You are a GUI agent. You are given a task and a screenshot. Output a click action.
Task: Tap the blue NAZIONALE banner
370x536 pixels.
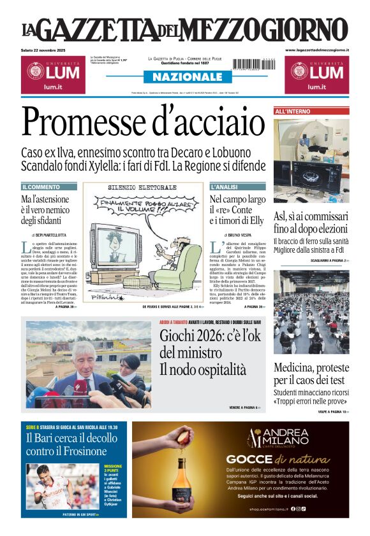[x=184, y=76]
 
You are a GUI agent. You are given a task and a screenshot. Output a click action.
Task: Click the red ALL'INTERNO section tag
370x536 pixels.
[x=293, y=111]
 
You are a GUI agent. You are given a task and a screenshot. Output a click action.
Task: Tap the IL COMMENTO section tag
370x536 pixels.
[x=41, y=187]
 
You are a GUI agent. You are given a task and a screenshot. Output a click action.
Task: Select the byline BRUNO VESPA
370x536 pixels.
[x=239, y=236]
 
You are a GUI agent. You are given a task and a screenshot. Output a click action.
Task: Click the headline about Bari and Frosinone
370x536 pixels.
[x=67, y=444]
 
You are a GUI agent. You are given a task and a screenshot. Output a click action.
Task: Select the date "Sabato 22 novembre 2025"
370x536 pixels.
[x=48, y=50]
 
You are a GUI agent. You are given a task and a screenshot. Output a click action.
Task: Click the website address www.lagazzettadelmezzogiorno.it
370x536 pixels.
[x=316, y=50]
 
